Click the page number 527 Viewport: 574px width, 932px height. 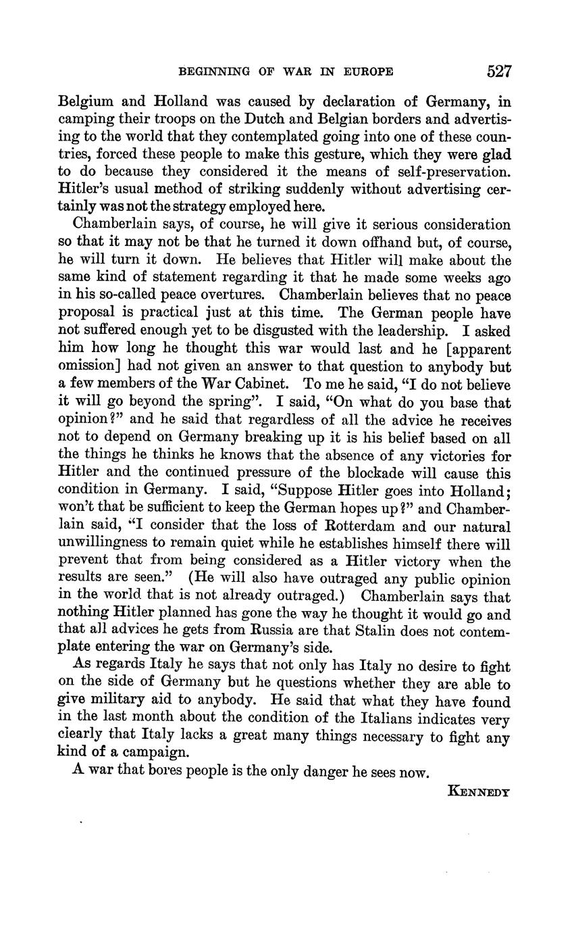click(498, 71)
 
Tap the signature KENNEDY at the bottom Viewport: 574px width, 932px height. click(479, 789)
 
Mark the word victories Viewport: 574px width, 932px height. click(457, 455)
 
